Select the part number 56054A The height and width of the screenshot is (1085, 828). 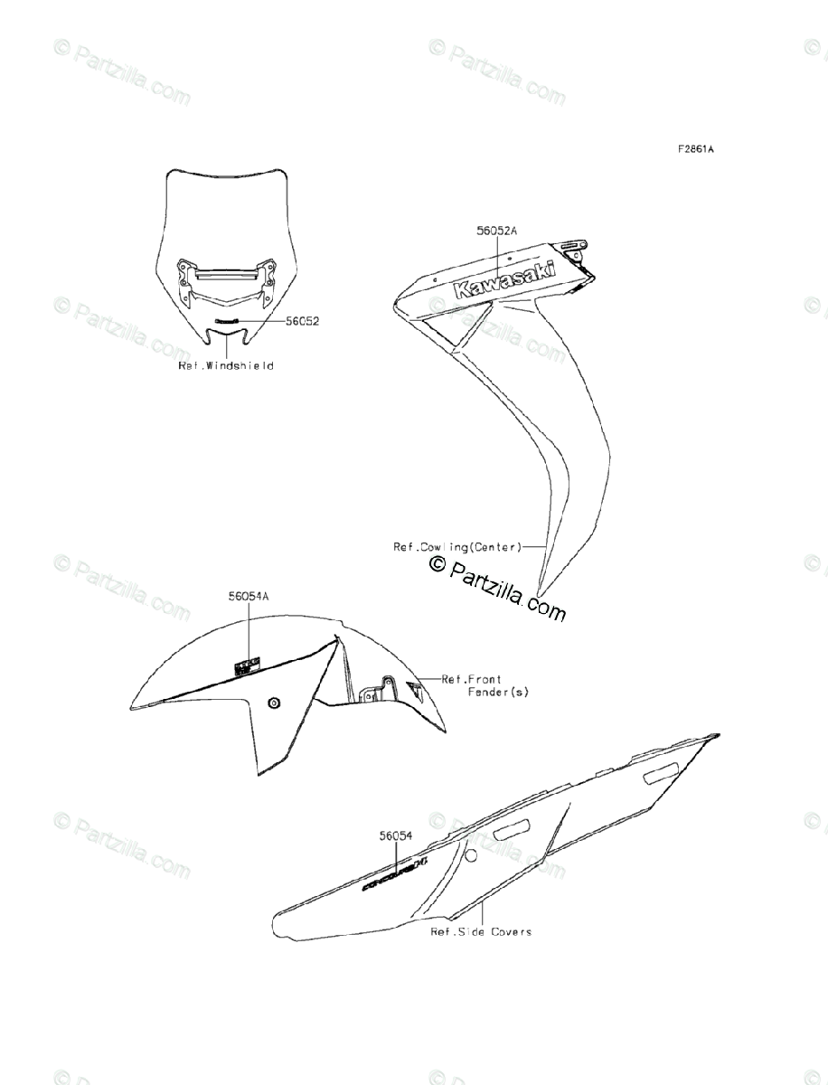[x=249, y=597]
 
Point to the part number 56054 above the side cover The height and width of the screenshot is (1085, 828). [x=396, y=836]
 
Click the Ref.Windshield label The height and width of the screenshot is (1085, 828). [x=225, y=366]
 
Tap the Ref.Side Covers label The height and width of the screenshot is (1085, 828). [x=481, y=931]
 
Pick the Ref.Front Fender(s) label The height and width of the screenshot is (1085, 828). [x=485, y=684]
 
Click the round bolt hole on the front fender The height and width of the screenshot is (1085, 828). [x=273, y=703]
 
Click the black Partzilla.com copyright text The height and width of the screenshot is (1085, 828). [x=498, y=588]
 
